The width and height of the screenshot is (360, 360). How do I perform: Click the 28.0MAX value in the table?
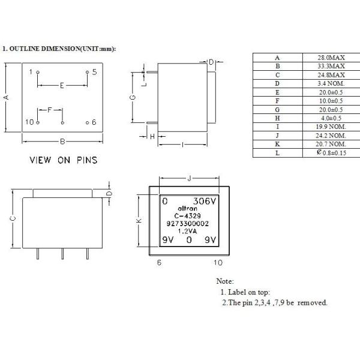click(x=331, y=58)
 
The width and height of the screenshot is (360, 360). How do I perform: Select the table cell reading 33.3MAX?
click(x=331, y=66)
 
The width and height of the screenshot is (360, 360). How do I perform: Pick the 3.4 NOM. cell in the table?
click(x=331, y=83)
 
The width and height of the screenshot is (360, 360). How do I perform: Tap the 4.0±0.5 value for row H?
click(x=331, y=118)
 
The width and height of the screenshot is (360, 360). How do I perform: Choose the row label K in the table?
click(x=277, y=145)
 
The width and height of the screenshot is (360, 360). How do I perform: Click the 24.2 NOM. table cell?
click(x=331, y=136)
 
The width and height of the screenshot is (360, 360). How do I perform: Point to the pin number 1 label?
click(x=31, y=71)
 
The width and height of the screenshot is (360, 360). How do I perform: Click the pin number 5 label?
click(x=94, y=71)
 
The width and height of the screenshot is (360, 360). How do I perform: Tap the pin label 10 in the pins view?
click(x=29, y=122)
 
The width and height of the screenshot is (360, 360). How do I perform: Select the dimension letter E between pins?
click(x=62, y=86)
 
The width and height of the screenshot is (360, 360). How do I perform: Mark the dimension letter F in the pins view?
click(x=50, y=110)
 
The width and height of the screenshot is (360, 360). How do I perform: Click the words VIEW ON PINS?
click(x=64, y=160)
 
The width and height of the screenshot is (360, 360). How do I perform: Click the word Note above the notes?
click(x=224, y=281)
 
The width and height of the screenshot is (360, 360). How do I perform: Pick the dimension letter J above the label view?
click(x=190, y=178)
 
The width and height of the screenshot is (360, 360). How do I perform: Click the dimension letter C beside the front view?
click(x=13, y=219)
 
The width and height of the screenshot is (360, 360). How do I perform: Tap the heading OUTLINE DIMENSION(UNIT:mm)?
click(x=60, y=48)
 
